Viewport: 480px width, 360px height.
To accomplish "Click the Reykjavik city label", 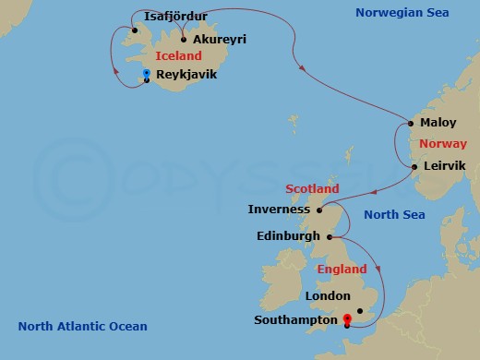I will [x=187, y=74].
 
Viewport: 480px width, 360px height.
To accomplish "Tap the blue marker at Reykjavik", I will [x=146, y=74].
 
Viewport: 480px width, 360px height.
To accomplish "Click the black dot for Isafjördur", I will [x=135, y=30].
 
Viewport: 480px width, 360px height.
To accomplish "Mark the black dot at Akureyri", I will [x=185, y=40].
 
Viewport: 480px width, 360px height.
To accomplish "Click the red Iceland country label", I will [x=179, y=56].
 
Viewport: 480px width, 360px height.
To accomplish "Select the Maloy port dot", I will [x=410, y=123].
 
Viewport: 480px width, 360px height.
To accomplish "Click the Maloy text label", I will [x=438, y=123].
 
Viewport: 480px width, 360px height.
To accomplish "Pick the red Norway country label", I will [x=442, y=144].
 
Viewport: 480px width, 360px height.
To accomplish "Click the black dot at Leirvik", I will [x=414, y=167].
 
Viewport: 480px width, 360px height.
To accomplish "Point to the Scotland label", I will [x=313, y=189].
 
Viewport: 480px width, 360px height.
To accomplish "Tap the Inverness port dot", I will [x=306, y=210].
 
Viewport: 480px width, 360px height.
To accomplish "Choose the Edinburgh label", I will [x=286, y=236].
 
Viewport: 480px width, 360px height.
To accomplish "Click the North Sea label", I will [x=394, y=215].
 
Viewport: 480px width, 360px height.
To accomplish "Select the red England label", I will [x=342, y=270].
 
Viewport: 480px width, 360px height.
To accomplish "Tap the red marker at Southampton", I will [x=347, y=320].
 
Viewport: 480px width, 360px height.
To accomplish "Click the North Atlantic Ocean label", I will [x=82, y=326].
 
